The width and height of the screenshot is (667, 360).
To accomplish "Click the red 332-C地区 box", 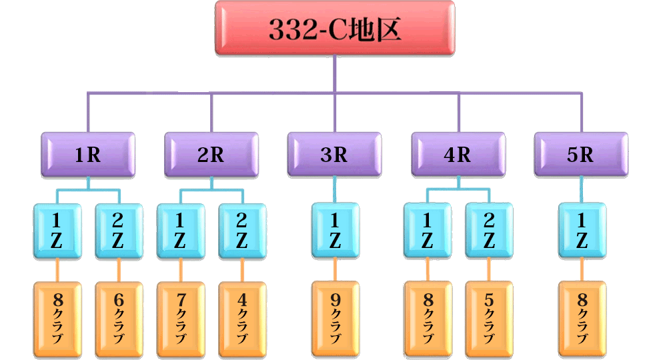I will tap(335, 28).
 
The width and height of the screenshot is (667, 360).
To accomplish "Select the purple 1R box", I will tap(87, 155).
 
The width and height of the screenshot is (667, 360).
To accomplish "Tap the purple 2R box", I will tap(211, 155).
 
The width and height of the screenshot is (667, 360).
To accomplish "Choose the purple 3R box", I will tap(335, 155).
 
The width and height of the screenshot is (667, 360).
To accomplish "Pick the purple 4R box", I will tap(458, 155).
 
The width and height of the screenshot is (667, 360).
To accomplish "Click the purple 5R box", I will tap(581, 155).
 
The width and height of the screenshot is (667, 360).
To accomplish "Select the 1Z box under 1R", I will tap(57, 231).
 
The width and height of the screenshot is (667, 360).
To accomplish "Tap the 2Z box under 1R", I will tap(119, 231).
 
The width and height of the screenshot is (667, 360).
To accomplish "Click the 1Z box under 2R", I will tap(180, 231).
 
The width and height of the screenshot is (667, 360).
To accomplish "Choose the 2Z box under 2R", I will tap(242, 231).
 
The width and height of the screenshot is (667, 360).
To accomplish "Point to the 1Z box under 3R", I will tap(335, 231).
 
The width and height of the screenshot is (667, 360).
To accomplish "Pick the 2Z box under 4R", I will tap(489, 231).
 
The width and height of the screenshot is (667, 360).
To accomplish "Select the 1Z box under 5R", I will tap(582, 231).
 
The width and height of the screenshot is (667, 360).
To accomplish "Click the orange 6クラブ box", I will tap(119, 319).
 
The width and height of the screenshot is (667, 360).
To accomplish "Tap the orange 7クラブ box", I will tap(180, 319).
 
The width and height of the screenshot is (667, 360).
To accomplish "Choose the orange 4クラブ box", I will tap(242, 319).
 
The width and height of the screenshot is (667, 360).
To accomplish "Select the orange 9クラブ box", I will tap(335, 319).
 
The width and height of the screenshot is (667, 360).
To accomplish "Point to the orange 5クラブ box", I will tap(489, 319).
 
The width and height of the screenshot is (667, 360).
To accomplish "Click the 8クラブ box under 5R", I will tap(582, 319).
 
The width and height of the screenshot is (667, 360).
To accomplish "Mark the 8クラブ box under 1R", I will tap(57, 319).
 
